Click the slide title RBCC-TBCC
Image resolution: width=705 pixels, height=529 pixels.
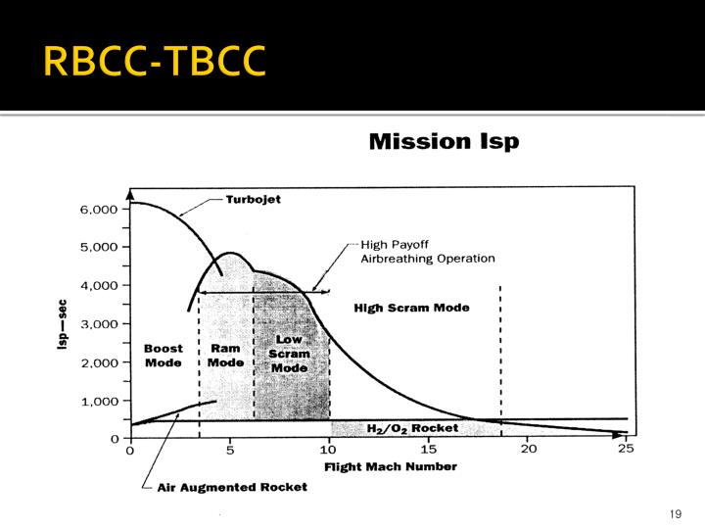155,61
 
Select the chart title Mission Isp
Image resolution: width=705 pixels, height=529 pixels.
444,142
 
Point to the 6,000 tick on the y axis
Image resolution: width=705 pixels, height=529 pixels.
98,209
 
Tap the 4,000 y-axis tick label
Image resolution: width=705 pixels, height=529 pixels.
98,285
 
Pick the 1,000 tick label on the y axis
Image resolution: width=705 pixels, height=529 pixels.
98,401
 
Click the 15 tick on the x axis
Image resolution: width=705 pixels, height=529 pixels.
428,451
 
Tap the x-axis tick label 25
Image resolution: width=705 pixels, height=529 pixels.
627,451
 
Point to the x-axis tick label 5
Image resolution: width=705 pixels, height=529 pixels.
229,451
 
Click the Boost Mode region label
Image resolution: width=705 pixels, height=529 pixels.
163,355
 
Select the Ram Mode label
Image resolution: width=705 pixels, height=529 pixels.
225,355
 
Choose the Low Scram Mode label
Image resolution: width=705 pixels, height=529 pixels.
290,354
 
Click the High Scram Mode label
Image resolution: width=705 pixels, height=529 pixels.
411,308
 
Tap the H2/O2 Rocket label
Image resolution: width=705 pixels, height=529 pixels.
411,428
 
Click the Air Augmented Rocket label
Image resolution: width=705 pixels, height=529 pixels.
232,487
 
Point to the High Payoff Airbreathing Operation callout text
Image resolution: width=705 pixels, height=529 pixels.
427,252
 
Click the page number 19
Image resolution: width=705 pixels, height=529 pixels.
675,514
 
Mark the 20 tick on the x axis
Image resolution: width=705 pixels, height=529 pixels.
528,451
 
